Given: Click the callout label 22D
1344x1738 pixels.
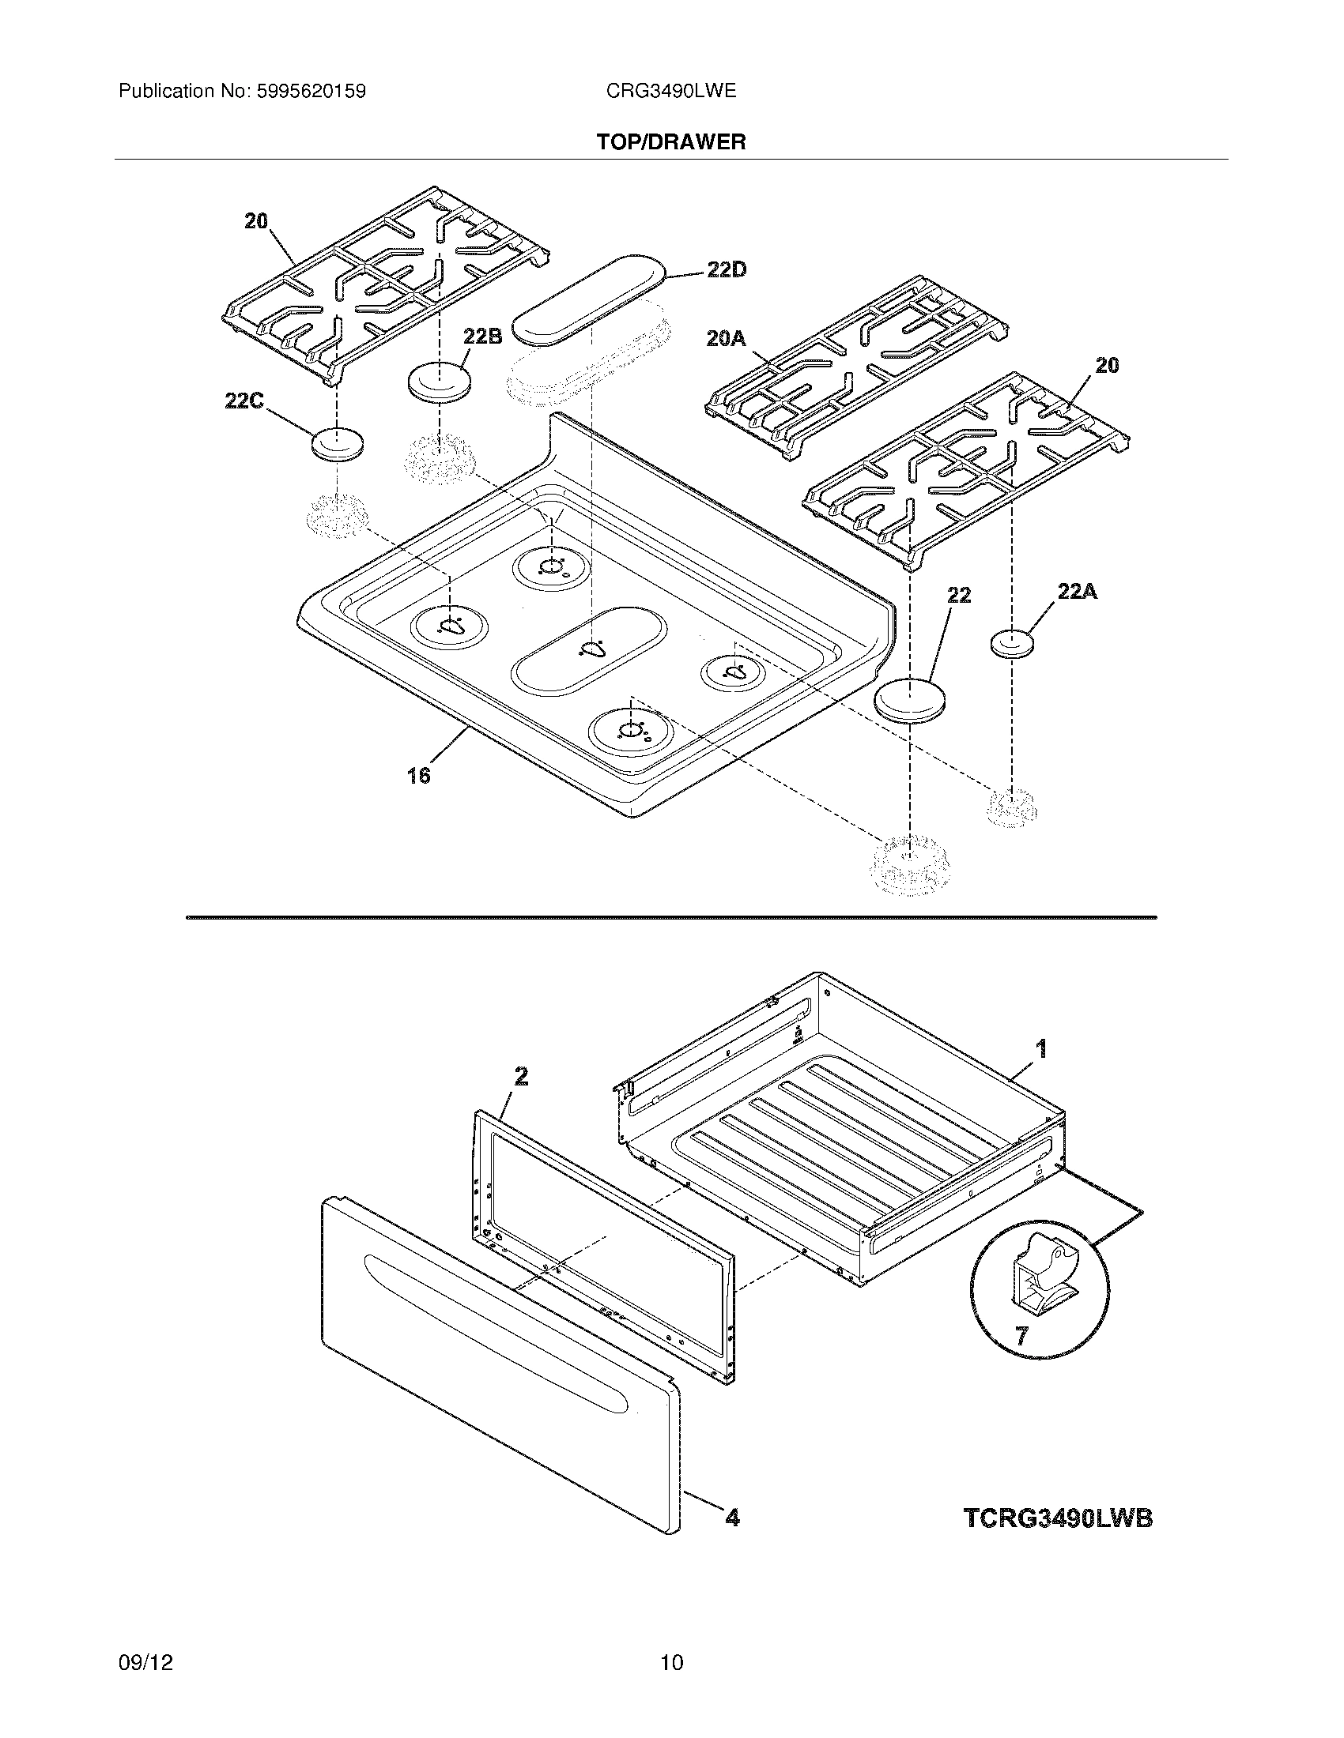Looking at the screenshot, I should pyautogui.click(x=726, y=270).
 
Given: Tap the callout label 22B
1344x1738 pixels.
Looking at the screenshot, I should pyautogui.click(x=482, y=337).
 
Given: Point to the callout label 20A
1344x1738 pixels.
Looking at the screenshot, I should pyautogui.click(x=726, y=339).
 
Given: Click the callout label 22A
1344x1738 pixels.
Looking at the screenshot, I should pyautogui.click(x=1077, y=591).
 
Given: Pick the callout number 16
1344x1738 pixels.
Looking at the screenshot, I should pyautogui.click(x=419, y=775).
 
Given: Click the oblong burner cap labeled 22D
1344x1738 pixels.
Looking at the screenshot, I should pyautogui.click(x=587, y=299).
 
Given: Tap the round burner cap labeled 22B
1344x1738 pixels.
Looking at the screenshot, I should pyautogui.click(x=439, y=382).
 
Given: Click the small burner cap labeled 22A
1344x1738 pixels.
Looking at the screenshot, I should pyautogui.click(x=1014, y=643).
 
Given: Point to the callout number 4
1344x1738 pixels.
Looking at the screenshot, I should pyautogui.click(x=732, y=1518).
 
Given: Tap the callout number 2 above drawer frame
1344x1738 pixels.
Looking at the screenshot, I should pyautogui.click(x=521, y=1077).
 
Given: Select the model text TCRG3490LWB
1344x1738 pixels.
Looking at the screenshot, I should pyautogui.click(x=1058, y=1518).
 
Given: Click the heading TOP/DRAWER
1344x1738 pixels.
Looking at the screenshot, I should pyautogui.click(x=671, y=142).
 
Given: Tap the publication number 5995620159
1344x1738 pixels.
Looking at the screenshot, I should pyautogui.click(x=311, y=92).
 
